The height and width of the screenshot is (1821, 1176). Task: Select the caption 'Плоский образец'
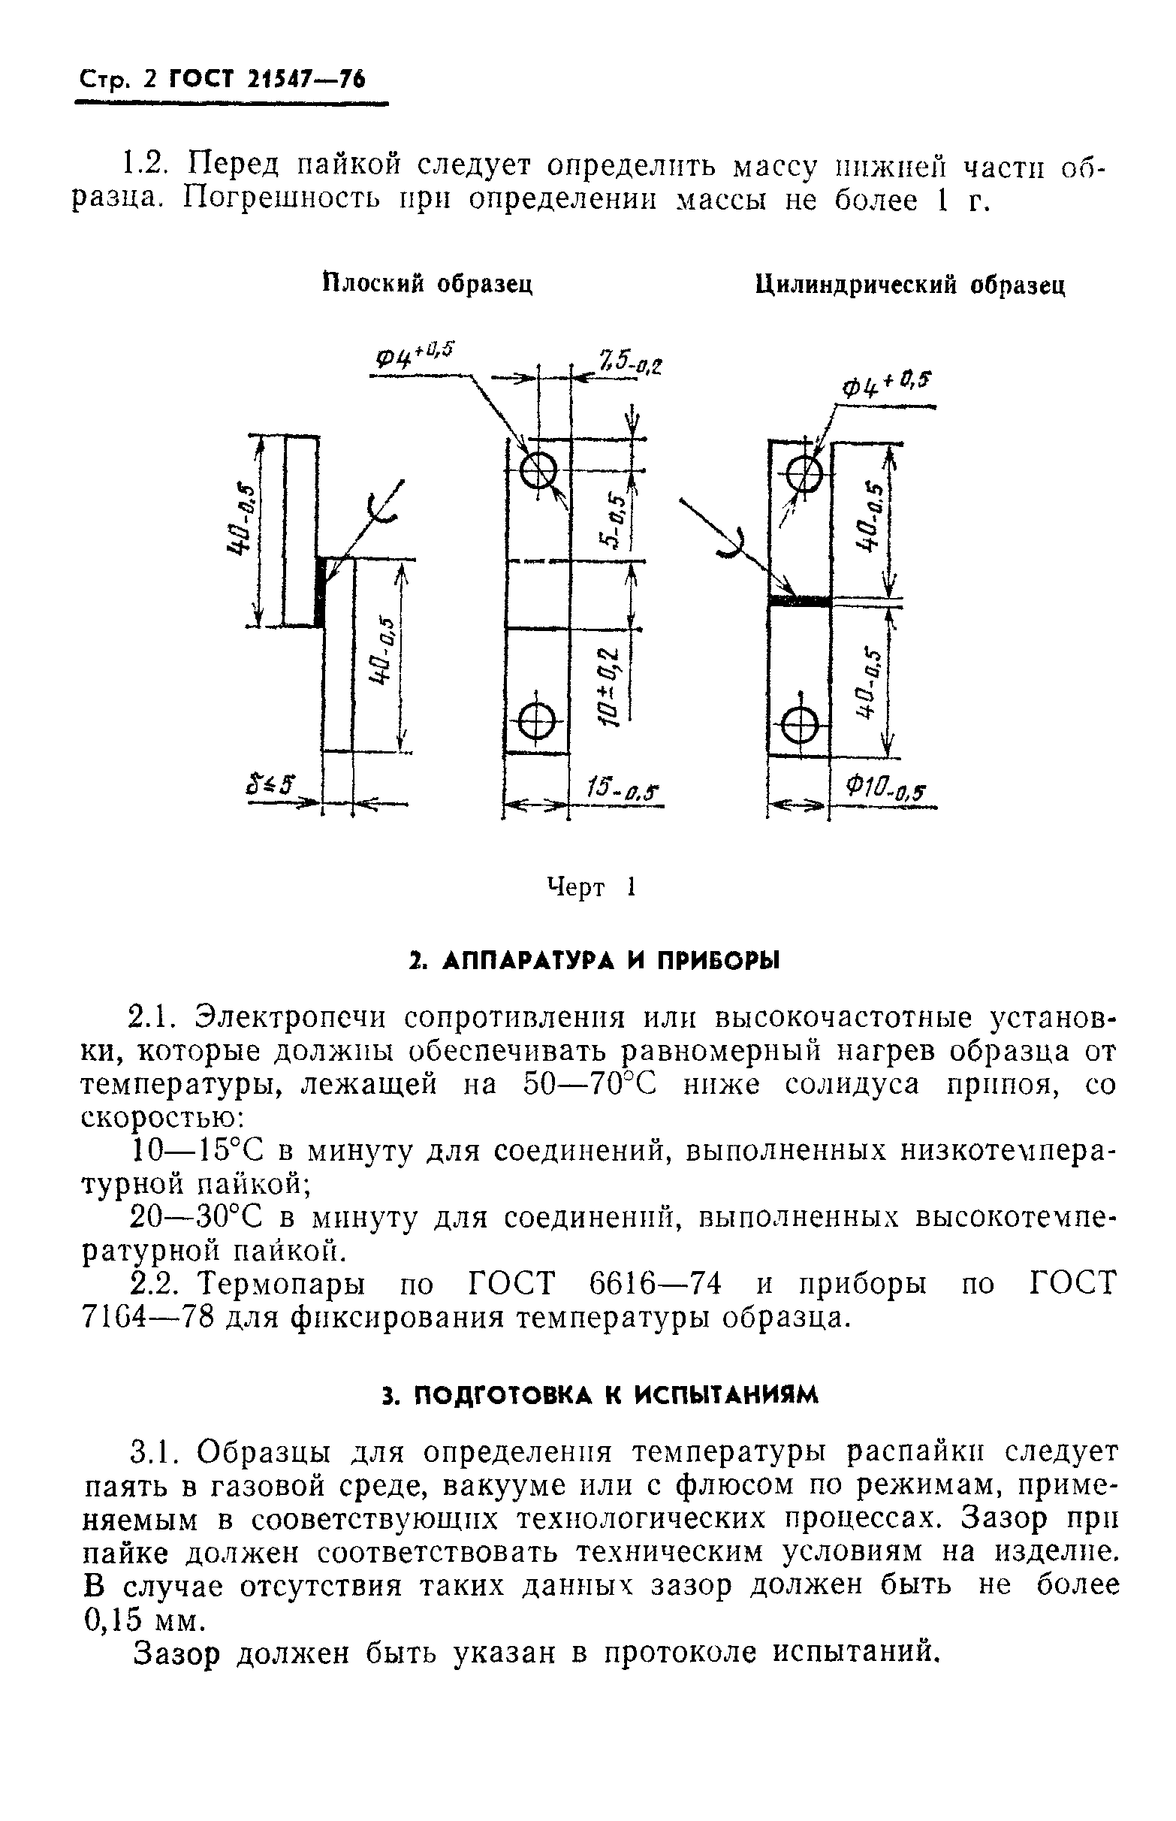pos(427,284)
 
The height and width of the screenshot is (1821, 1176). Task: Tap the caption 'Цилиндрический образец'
pos(909,285)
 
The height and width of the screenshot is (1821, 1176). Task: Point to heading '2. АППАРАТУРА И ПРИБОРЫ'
pos(593,961)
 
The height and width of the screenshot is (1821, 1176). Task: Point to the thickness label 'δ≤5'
pos(271,784)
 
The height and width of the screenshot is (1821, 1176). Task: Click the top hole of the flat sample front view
pos(538,469)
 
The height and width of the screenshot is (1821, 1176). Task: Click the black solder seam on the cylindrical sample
pos(800,602)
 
